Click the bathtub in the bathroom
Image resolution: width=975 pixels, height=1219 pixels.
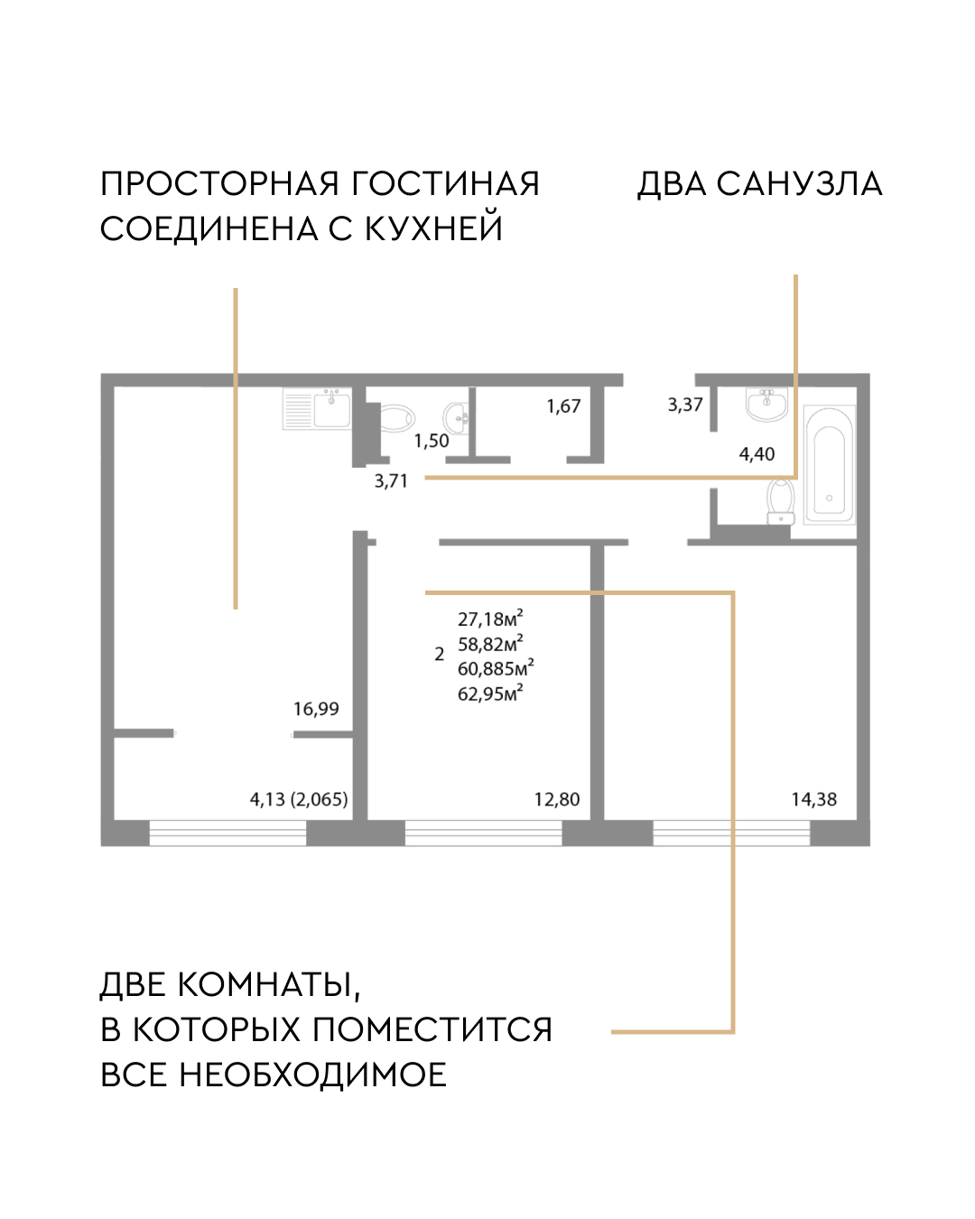click(829, 466)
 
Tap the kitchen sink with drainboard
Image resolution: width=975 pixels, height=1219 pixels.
click(317, 408)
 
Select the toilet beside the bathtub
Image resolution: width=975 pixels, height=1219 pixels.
click(780, 501)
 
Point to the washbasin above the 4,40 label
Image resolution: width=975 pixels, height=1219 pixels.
click(766, 405)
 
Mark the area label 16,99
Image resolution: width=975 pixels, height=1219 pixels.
click(316, 709)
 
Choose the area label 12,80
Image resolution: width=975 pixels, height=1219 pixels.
click(557, 799)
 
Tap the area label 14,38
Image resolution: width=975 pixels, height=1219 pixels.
click(813, 799)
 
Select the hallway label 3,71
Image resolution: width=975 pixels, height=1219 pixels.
click(391, 481)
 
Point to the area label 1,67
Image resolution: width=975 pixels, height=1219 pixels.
click(563, 406)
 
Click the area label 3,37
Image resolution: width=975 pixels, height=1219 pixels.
click(685, 405)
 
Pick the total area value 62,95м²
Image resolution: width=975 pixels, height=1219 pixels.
click(490, 693)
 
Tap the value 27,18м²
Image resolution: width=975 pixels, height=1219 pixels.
click(490, 619)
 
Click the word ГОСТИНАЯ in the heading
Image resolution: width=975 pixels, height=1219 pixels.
click(445, 183)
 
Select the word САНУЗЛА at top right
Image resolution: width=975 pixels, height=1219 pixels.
click(799, 183)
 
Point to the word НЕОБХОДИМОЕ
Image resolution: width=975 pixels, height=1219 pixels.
click(312, 1075)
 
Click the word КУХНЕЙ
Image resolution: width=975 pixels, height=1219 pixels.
click(433, 228)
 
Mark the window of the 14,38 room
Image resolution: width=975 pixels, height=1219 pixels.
click(731, 833)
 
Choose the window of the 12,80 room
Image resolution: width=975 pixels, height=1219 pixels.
click(483, 833)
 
